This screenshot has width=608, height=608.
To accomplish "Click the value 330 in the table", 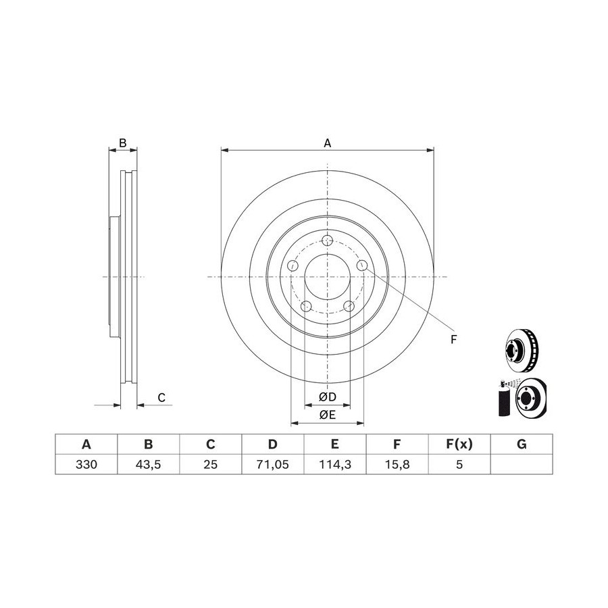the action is pos(86,464).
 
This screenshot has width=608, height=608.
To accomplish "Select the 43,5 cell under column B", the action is pos(148,464).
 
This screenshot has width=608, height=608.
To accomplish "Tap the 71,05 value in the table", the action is pos(273,464).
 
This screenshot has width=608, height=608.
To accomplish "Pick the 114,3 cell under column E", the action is pos(335,464).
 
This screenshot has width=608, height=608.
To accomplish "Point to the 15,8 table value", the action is pos(397,464).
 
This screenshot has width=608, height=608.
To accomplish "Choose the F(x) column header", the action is pos(459,444).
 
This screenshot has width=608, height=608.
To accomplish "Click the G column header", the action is pos(522,444).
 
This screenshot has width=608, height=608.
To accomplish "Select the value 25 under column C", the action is pos(211,464).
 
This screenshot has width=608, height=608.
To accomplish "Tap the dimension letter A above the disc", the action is pos(328,143).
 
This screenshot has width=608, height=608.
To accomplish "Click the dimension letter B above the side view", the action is pos(122,143).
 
